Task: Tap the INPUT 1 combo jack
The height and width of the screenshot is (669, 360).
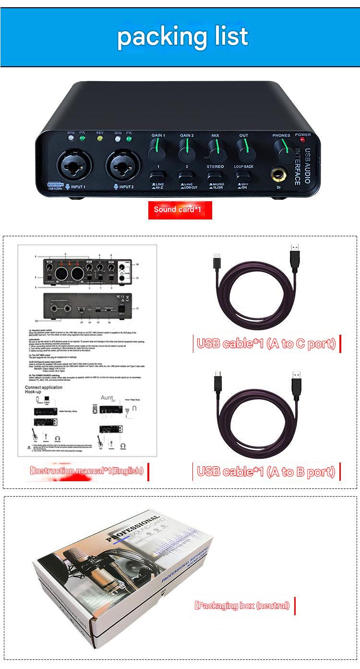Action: pyautogui.click(x=72, y=165)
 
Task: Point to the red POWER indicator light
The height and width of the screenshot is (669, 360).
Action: pyautogui.click(x=303, y=140)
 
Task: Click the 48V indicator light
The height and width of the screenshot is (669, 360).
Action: pyautogui.click(x=100, y=139)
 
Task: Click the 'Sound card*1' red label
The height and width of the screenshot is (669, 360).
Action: pyautogui.click(x=180, y=210)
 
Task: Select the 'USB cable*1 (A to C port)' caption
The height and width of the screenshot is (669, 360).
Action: pyautogui.click(x=266, y=343)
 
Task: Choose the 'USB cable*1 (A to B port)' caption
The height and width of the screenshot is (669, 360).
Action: pyautogui.click(x=266, y=472)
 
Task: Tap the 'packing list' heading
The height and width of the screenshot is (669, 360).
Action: pyautogui.click(x=182, y=36)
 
